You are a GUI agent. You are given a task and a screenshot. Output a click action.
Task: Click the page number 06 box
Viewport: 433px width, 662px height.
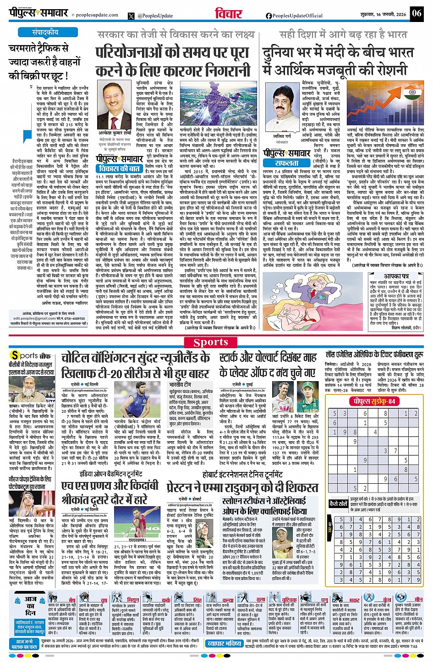pyautogui.click(x=417, y=13)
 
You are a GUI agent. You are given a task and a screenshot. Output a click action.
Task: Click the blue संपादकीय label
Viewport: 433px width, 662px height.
pyautogui.click(x=45, y=33)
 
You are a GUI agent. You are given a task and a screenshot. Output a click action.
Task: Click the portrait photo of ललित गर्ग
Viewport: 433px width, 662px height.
pyautogui.click(x=282, y=110)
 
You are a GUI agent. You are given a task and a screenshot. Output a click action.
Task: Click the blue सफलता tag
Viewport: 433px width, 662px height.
pyautogui.click(x=286, y=163)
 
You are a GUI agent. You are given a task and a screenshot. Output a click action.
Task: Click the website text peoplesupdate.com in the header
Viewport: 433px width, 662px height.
pyautogui.click(x=97, y=15)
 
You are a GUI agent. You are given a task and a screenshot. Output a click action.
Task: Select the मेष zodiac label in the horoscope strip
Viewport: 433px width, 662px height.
pyautogui.click(x=72, y=600)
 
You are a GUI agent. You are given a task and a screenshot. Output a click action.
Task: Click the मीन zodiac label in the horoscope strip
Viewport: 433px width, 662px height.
pyautogui.click(x=418, y=599)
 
